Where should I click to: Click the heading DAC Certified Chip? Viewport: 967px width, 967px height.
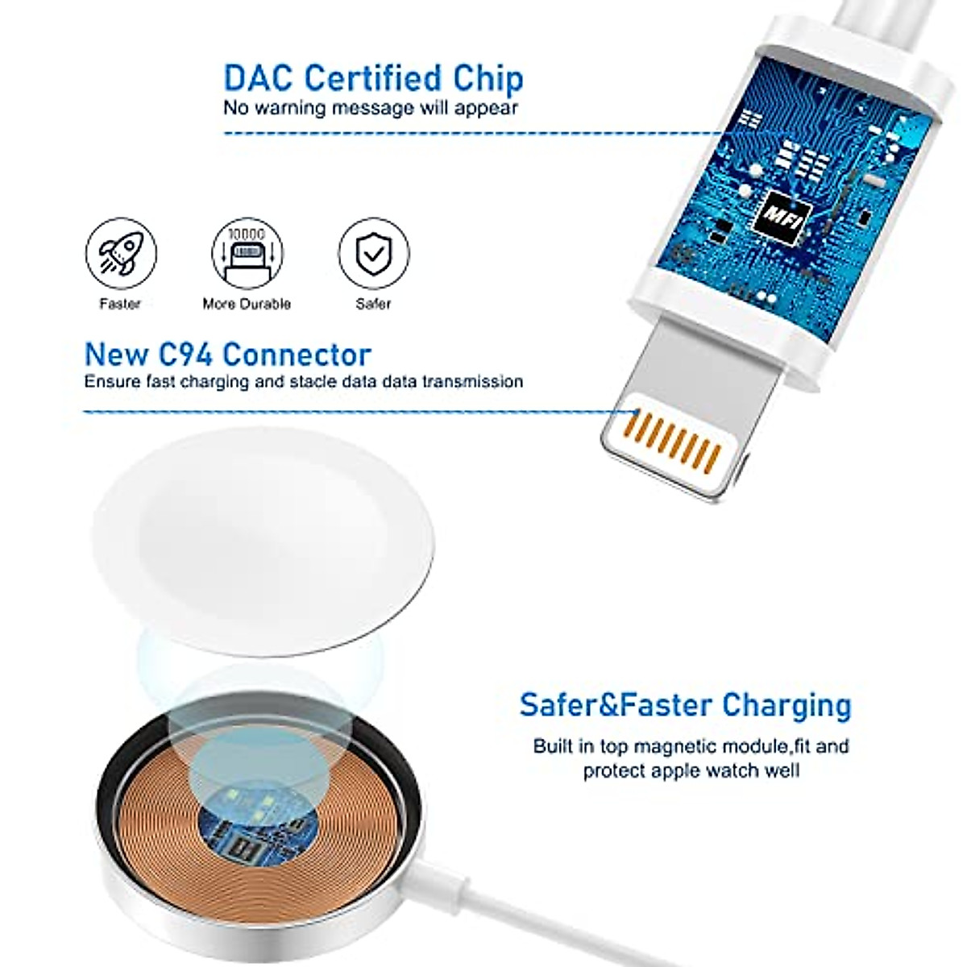tap(373, 78)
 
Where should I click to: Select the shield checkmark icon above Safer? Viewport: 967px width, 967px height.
tap(373, 252)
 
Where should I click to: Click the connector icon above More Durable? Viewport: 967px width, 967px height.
tap(247, 252)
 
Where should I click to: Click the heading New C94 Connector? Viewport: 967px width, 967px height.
tap(228, 355)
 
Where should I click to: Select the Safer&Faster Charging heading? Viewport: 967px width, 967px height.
tap(685, 704)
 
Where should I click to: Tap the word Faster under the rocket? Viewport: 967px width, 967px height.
tap(120, 304)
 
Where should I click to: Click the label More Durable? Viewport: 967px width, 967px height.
tap(247, 304)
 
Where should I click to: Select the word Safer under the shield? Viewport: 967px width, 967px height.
tap(373, 304)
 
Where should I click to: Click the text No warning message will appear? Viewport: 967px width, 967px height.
tap(371, 108)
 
